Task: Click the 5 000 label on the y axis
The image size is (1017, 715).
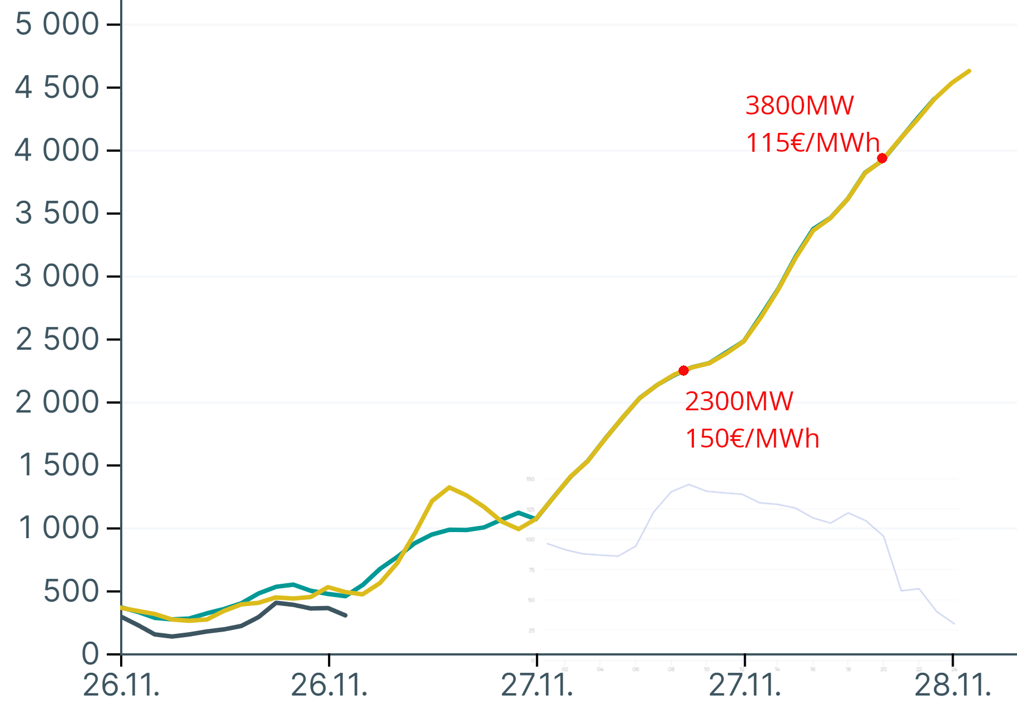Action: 57,24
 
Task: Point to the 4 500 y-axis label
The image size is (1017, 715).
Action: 57,88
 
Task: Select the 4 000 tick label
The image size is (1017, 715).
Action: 57,151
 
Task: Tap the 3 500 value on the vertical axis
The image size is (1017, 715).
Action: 57,213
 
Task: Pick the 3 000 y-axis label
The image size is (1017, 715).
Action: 57,276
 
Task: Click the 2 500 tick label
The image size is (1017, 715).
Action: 57,340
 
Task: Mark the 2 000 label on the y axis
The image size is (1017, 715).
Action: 57,403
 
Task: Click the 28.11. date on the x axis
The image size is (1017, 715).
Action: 952,686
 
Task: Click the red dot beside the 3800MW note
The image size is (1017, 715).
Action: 882,158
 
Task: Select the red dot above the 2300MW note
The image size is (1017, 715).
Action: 683,370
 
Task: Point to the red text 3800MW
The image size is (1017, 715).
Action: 799,106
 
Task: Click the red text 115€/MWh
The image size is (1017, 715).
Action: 812,143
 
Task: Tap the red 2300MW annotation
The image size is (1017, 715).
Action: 739,401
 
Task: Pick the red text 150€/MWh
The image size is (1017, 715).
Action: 752,439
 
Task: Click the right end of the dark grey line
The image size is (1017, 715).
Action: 346,615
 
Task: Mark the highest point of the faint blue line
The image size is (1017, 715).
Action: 689,484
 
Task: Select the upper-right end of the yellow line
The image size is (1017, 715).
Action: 969,71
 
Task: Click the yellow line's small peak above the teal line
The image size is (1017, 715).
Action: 449,487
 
